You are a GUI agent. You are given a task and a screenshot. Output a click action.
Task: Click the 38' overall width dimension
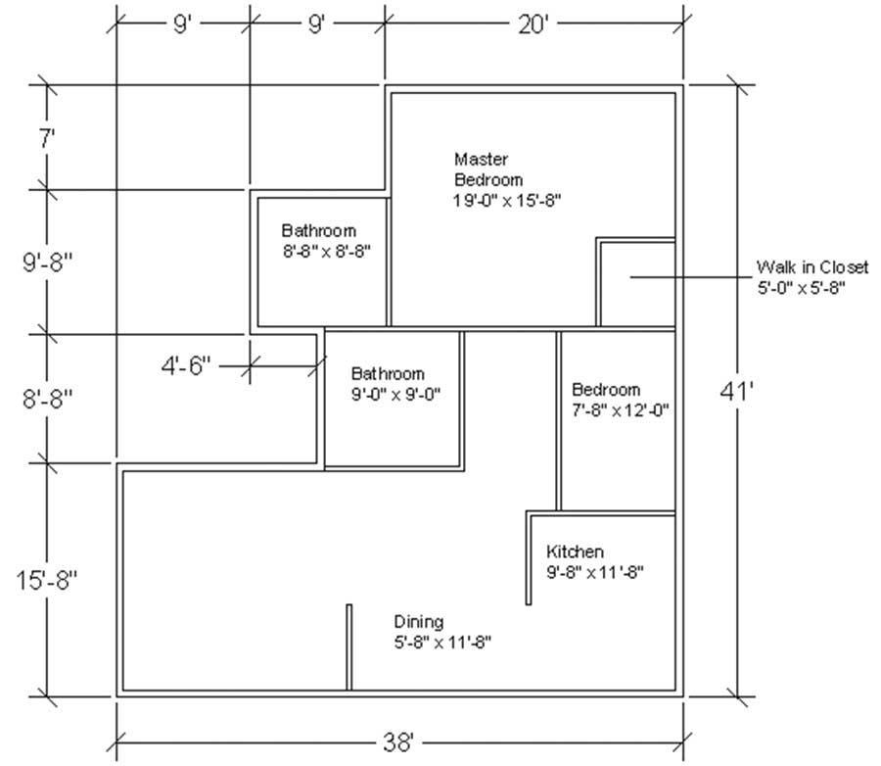pyautogui.click(x=397, y=742)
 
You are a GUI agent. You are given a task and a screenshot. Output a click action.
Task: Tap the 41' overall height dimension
pyautogui.click(x=735, y=391)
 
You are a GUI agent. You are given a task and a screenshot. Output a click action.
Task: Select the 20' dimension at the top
pyautogui.click(x=533, y=24)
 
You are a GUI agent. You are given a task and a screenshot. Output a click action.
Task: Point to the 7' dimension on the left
pyautogui.click(x=47, y=138)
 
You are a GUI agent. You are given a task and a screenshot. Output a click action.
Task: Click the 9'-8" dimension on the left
pyautogui.click(x=48, y=263)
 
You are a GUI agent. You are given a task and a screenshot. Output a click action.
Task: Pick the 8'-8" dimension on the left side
pyautogui.click(x=48, y=399)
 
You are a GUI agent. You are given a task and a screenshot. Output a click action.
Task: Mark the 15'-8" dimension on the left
pyautogui.click(x=46, y=580)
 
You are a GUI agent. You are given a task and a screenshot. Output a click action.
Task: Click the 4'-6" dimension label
pyautogui.click(x=186, y=366)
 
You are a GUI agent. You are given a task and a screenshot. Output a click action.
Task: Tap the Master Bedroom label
pyautogui.click(x=488, y=169)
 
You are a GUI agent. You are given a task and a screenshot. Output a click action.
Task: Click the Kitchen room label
pyautogui.click(x=575, y=551)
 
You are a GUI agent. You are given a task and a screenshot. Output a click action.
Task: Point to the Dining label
pyautogui.click(x=419, y=621)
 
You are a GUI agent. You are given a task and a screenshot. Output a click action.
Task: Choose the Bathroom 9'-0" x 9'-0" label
pyautogui.click(x=395, y=384)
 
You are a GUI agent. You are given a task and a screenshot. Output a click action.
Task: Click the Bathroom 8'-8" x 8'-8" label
pyautogui.click(x=326, y=241)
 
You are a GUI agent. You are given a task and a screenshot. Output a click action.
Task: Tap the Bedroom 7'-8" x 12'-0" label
pyautogui.click(x=621, y=400)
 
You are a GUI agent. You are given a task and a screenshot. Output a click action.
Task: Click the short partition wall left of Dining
pyautogui.click(x=348, y=647)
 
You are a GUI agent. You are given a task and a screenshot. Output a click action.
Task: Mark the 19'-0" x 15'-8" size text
pyautogui.click(x=507, y=201)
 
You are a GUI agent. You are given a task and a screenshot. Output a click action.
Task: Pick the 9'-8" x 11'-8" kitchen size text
pyautogui.click(x=595, y=572)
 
